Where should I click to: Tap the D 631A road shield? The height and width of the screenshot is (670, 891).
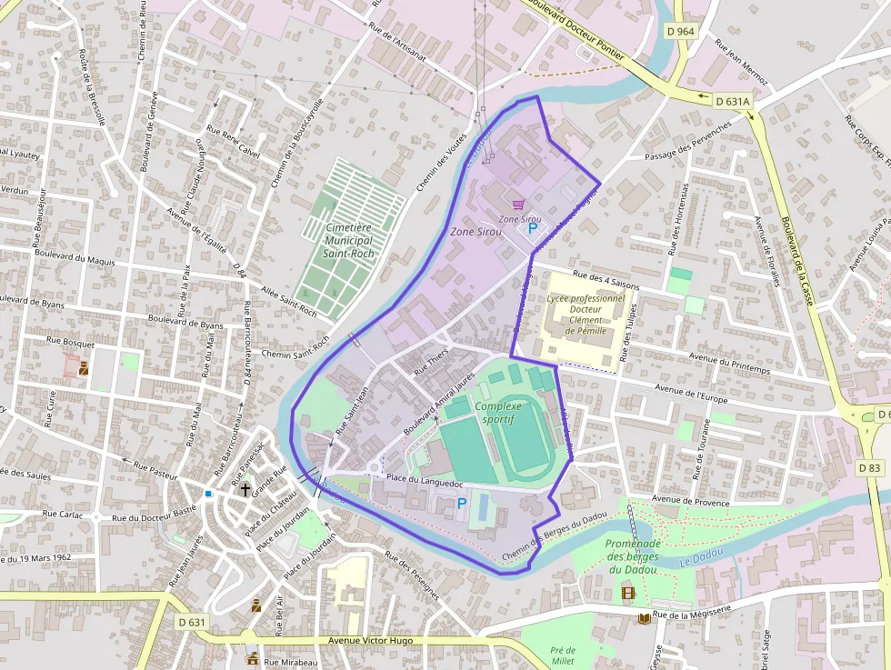(x=732, y=101)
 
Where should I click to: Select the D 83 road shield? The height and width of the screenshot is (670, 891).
(x=870, y=467)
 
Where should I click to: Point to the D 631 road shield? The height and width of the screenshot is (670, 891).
(x=192, y=622)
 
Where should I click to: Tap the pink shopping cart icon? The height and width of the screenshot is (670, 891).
(x=518, y=205)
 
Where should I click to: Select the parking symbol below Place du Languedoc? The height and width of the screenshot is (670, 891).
(x=461, y=503)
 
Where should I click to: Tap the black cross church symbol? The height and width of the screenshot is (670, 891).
(x=245, y=490)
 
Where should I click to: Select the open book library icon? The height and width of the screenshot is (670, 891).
(x=645, y=618)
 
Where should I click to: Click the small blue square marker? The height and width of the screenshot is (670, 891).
(x=208, y=494)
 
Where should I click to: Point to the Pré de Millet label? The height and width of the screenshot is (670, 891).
(x=563, y=655)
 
